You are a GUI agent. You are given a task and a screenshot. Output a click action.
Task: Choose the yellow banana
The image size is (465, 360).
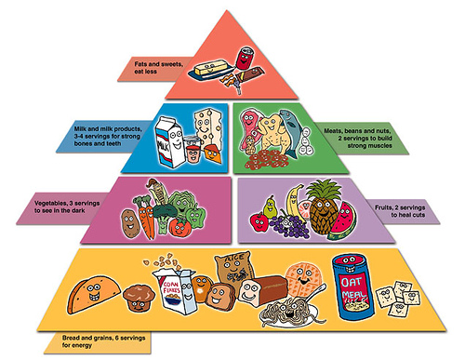click(294, 200)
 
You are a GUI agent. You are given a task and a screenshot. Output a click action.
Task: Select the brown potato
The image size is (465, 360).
click(127, 221)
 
